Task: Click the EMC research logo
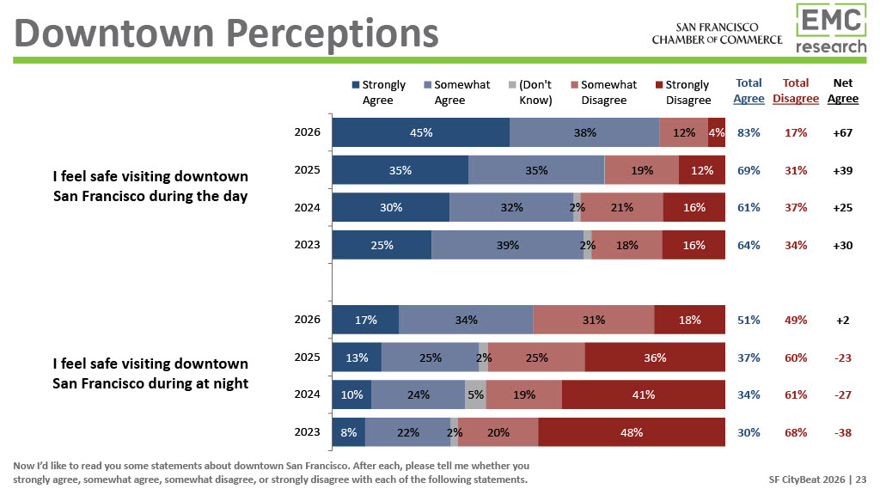click(x=830, y=29)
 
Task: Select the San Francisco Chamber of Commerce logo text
click(x=717, y=34)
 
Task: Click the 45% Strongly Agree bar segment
click(x=421, y=133)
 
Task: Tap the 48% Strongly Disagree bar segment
click(x=632, y=433)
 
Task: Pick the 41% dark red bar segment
click(x=643, y=395)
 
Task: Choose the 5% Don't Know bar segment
click(x=475, y=395)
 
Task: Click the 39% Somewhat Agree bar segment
click(x=507, y=245)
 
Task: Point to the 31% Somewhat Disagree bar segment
click(x=593, y=321)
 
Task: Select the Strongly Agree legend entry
click(x=378, y=92)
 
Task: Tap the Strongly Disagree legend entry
click(x=682, y=92)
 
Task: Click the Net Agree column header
click(x=843, y=91)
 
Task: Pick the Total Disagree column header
click(x=796, y=91)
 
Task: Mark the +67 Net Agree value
click(x=843, y=133)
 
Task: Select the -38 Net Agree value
click(x=843, y=433)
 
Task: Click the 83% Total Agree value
click(x=749, y=133)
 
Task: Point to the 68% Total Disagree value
click(x=796, y=433)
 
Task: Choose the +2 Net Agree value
click(x=843, y=321)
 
